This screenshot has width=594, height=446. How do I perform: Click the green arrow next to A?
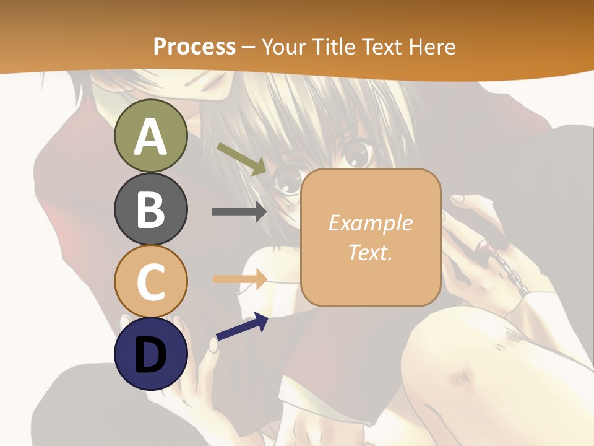[241, 158]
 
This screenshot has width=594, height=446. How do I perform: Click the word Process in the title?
[194, 46]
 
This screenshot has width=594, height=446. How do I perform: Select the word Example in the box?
[370, 223]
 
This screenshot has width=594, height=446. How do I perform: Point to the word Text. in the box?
[370, 253]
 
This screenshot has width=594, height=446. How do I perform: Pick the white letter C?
[150, 282]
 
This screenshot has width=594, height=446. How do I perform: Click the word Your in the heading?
[282, 46]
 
